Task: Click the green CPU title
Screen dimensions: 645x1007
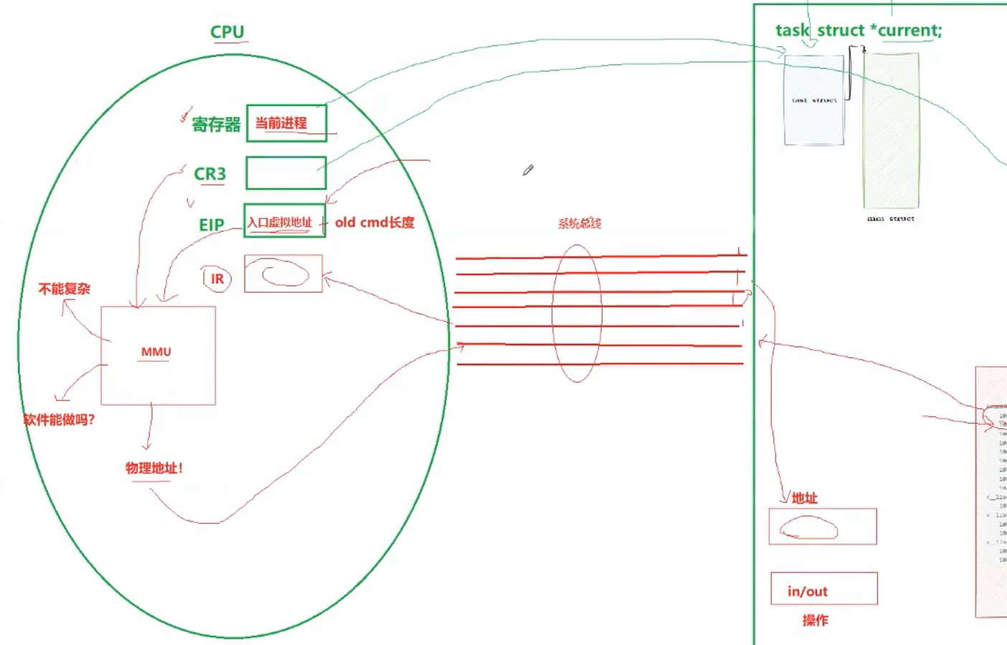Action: (227, 32)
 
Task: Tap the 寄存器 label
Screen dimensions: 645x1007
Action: (215, 125)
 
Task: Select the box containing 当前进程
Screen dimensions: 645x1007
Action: (286, 123)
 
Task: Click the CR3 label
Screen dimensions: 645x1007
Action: (210, 174)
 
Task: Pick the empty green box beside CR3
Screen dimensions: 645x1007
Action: (286, 173)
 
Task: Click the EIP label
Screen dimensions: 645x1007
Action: (211, 225)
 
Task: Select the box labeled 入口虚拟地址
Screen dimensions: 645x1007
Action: (284, 222)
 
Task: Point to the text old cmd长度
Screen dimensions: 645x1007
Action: (374, 223)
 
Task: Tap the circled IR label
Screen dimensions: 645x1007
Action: (217, 279)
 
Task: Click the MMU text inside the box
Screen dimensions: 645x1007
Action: (156, 352)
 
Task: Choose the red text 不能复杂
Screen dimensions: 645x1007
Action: (64, 289)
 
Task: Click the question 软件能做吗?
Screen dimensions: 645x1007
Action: (59, 419)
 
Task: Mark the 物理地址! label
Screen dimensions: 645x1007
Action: (154, 468)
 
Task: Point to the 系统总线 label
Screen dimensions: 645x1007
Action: (579, 223)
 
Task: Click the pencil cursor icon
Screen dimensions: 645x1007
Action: (528, 170)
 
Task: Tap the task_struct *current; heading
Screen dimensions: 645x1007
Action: (858, 30)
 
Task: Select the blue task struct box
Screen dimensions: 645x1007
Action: (814, 101)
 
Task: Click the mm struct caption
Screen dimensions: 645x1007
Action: (891, 218)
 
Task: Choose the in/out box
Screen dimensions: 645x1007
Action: (823, 589)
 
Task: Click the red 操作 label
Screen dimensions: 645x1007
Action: (815, 621)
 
